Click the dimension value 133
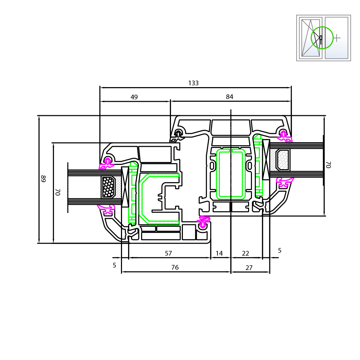(193, 83)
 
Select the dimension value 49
(134, 97)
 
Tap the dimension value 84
(229, 97)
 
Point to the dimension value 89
(43, 179)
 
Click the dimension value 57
(168, 253)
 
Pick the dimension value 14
(219, 253)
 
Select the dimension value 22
(246, 253)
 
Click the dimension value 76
(175, 267)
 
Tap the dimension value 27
(249, 268)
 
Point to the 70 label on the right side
(328, 165)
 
